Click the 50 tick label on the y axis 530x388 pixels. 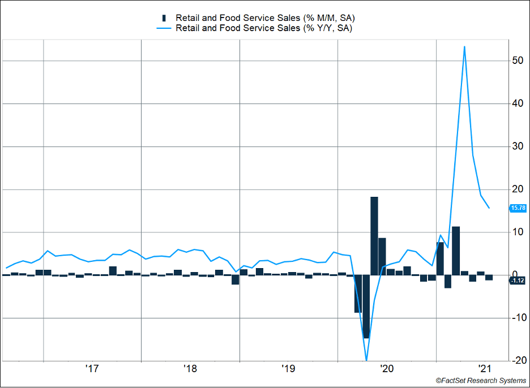(518, 61)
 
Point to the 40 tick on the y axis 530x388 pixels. (518, 104)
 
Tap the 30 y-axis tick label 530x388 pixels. (518, 146)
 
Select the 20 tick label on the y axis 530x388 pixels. (518, 189)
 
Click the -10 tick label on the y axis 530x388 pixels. (516, 318)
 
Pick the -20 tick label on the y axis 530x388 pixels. (516, 361)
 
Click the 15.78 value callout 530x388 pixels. (518, 208)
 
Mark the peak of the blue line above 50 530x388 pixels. (464, 46)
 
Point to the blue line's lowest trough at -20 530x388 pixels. (366, 360)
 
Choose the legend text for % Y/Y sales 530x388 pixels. (264, 28)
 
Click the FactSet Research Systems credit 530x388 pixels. (481, 381)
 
